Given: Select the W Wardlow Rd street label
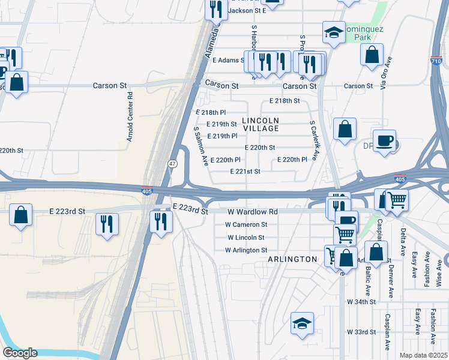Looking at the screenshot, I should tap(252, 212).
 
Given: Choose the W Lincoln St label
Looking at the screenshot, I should tap(246, 238).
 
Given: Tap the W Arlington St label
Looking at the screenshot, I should tap(246, 250).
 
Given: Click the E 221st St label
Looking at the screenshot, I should tap(245, 172).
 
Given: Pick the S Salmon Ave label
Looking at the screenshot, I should tap(200, 146).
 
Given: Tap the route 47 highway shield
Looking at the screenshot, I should tap(172, 163).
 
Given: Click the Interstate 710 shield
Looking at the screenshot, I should tap(437, 61).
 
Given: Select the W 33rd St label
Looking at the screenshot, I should tap(361, 332).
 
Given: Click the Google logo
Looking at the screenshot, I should tap(20, 353).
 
